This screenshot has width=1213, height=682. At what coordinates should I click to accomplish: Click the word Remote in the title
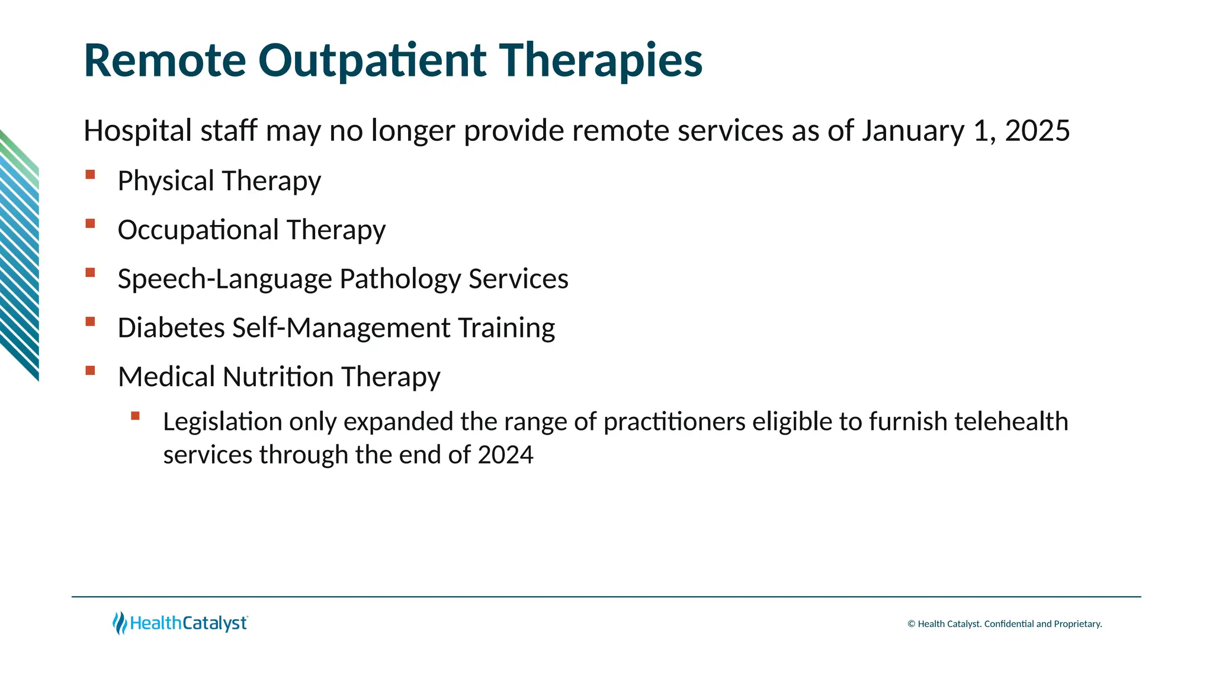coord(165,61)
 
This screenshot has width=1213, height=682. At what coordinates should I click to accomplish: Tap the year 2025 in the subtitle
coord(1037,131)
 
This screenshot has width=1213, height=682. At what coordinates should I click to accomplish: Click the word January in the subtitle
coord(913,131)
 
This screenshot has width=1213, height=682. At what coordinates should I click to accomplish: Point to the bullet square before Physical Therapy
coord(90,175)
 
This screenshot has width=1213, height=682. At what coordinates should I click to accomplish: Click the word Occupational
coord(198,230)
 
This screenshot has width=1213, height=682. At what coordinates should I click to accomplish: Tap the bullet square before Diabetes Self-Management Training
coord(90,322)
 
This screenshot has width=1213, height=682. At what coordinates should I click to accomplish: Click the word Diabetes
coord(171,328)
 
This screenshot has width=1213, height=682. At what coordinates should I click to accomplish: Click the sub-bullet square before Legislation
coord(135,416)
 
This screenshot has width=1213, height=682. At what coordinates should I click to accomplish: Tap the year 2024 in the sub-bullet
coord(505,455)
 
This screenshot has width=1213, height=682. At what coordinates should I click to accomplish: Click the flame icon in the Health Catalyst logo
coord(120,623)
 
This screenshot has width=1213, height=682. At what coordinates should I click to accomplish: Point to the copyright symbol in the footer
coord(912,624)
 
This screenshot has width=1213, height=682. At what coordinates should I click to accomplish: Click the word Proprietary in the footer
coord(1077,624)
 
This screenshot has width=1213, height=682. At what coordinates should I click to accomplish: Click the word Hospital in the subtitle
coord(137,131)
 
